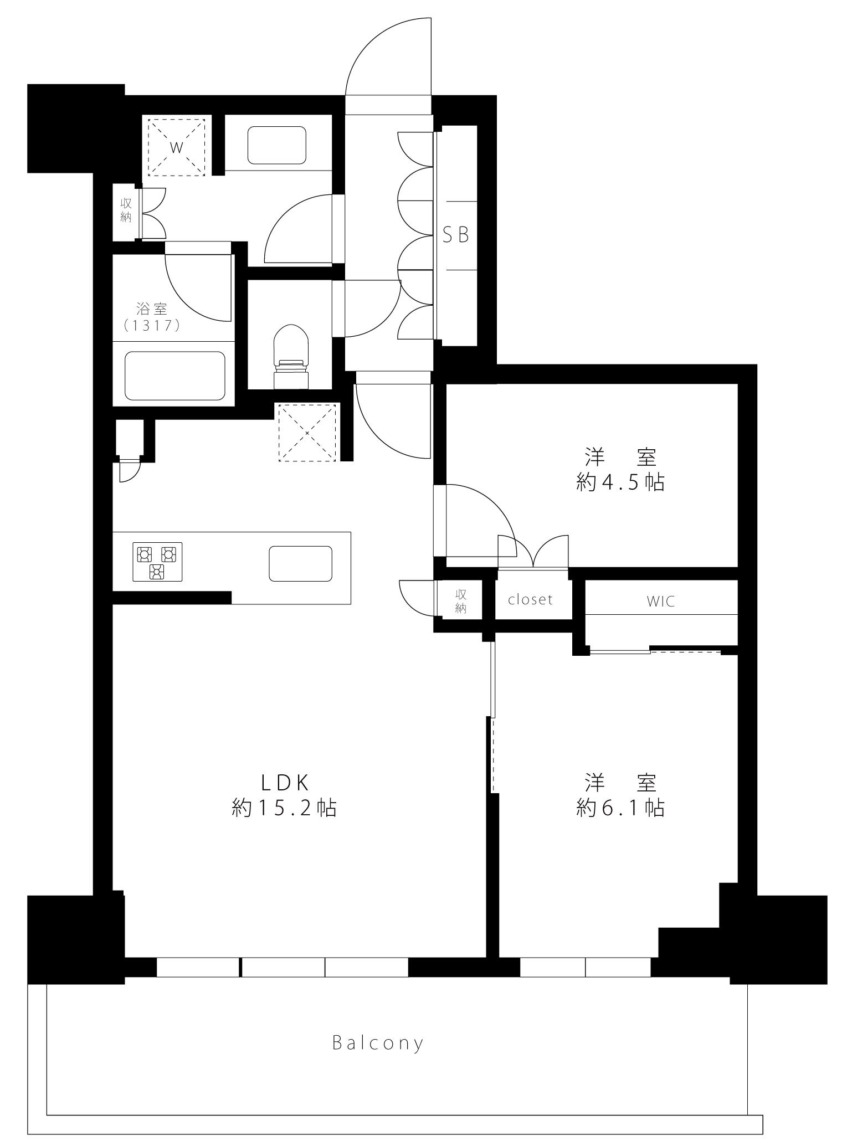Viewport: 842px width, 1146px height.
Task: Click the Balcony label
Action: (378, 1044)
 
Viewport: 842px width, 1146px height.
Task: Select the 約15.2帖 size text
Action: (284, 809)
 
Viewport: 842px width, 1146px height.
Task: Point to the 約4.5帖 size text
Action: (620, 482)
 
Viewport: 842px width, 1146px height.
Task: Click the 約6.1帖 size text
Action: (620, 809)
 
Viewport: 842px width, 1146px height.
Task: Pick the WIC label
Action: (661, 601)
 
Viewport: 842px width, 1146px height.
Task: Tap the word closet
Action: (531, 599)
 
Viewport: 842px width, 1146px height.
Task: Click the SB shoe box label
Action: (456, 235)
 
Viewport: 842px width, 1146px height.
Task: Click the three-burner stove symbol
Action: (157, 562)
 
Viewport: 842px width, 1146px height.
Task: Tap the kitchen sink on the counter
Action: (301, 564)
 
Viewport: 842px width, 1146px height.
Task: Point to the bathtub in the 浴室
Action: (175, 376)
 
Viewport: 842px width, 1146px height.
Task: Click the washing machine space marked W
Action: (177, 147)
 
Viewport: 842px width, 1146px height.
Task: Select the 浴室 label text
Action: (152, 308)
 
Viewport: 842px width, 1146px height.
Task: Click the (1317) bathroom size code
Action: (152, 326)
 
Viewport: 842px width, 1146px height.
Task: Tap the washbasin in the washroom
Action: (277, 145)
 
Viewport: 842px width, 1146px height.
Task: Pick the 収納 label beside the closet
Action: (461, 602)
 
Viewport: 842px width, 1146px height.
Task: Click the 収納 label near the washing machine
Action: (126, 210)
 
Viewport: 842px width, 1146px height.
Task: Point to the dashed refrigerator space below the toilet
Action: (307, 433)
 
